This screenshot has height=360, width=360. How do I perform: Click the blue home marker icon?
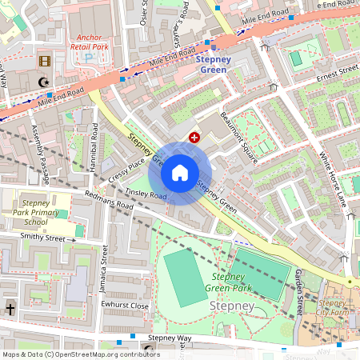(180, 173)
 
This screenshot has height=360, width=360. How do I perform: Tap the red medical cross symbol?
(194, 138)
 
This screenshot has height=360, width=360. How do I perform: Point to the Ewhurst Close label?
(125, 306)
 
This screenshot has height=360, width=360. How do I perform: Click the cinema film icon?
(45, 61)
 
